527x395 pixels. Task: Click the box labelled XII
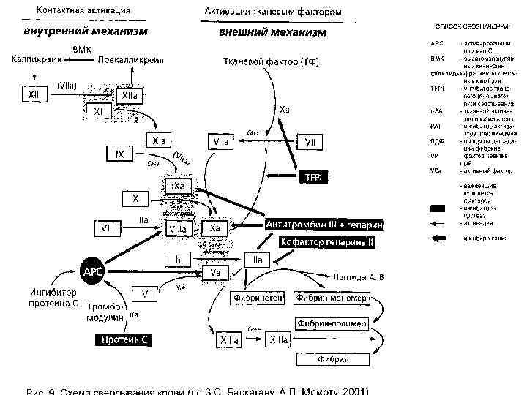point(33,95)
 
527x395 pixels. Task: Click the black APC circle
point(92,271)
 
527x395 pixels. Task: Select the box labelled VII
point(310,141)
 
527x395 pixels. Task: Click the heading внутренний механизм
point(86,32)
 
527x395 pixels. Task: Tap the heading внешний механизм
point(273,33)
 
